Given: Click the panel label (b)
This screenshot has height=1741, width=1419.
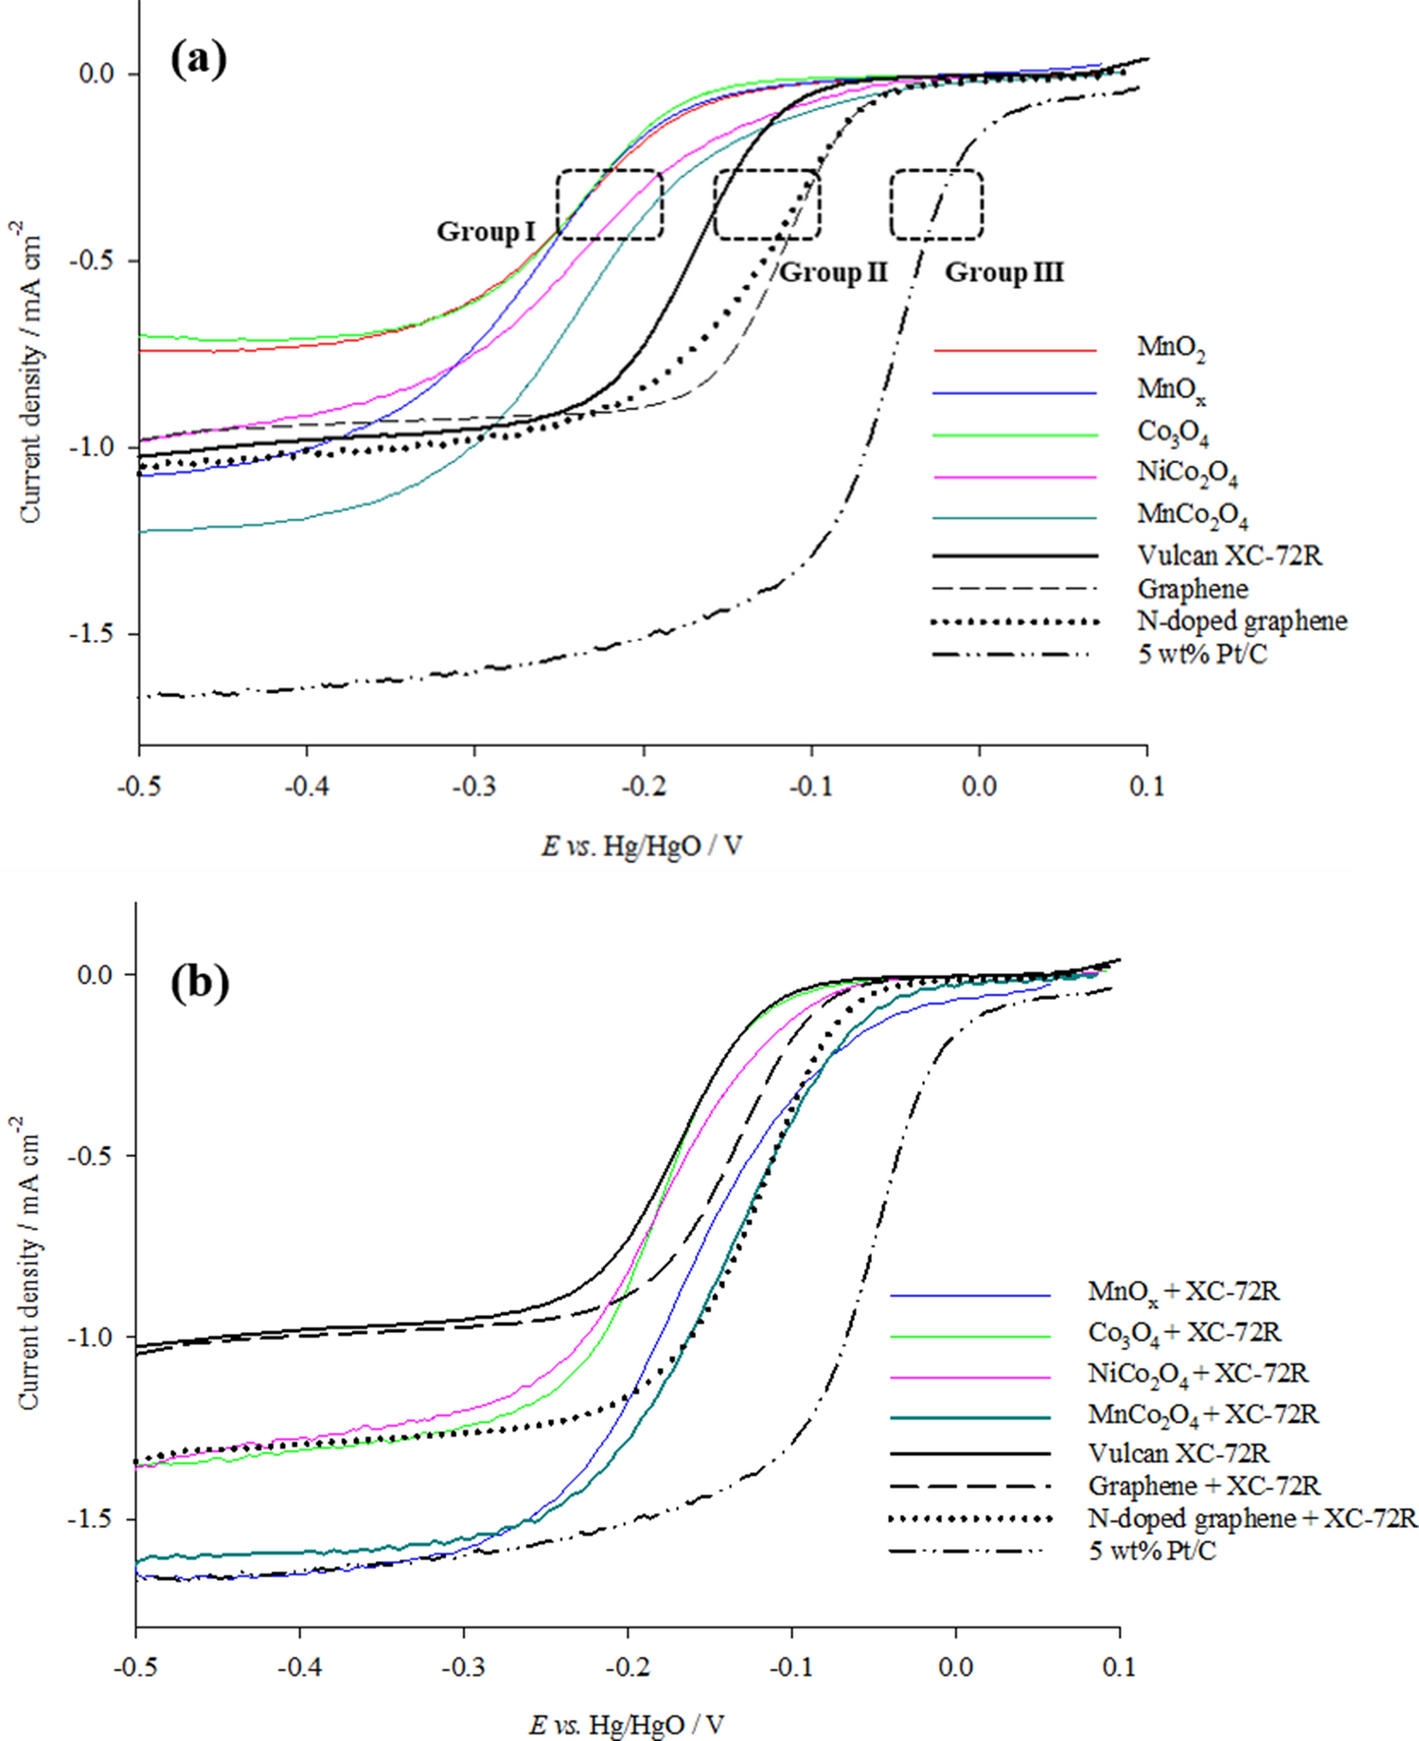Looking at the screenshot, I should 200,984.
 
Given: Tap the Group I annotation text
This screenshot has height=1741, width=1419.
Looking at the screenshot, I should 486,232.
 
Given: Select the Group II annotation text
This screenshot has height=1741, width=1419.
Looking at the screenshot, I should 833,273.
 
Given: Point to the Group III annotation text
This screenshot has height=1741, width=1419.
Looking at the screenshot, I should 1004,273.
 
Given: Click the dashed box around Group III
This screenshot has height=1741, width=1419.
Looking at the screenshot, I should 936,204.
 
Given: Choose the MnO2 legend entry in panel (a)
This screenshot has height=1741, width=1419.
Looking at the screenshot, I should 1171,348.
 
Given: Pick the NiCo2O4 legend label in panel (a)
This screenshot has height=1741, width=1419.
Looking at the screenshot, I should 1187,472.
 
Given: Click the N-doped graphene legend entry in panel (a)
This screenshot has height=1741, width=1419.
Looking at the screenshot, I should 1241,621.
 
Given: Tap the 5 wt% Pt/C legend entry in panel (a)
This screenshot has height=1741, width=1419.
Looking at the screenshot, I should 1201,653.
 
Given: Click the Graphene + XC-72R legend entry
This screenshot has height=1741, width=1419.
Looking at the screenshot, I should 1203,1485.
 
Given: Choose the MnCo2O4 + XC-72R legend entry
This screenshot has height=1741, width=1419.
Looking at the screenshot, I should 1202,1414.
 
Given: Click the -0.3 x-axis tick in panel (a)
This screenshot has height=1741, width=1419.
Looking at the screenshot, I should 474,787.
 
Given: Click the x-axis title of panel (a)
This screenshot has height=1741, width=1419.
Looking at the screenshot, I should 642,845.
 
